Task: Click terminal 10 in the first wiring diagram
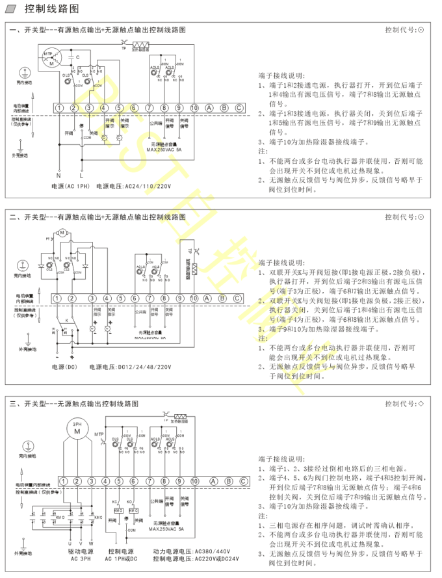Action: tap(194, 107)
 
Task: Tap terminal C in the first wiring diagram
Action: tap(239, 107)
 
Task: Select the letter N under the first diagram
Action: tap(58, 176)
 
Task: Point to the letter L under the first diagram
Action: tap(81, 176)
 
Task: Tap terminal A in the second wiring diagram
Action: tap(209, 298)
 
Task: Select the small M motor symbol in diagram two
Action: tap(62, 232)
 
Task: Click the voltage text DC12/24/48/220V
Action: tap(144, 367)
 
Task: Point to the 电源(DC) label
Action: tap(64, 367)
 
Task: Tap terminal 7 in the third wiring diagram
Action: tap(149, 481)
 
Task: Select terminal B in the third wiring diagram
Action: tap(224, 481)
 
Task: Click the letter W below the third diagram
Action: tap(91, 543)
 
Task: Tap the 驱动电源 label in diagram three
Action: tap(83, 551)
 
